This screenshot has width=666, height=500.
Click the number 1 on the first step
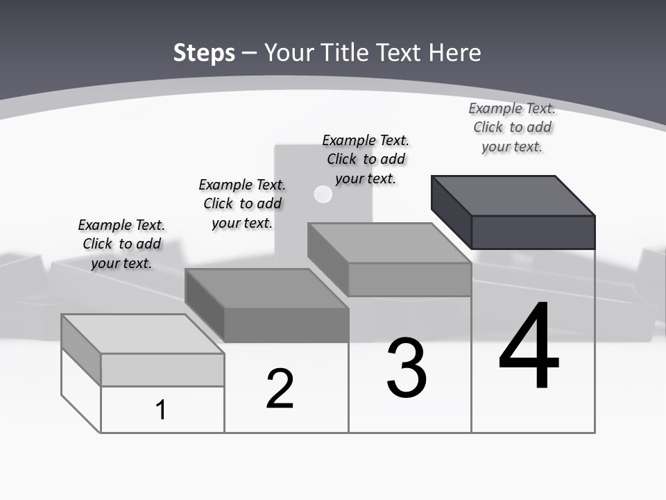point(161,410)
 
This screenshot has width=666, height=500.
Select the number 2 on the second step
point(280,389)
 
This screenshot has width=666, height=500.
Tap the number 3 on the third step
point(407,368)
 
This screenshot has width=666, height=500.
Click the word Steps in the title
point(204,53)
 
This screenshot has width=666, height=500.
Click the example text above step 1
point(121,244)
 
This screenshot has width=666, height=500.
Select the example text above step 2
point(242,203)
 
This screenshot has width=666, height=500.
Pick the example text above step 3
point(366,159)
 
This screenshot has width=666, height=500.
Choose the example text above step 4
point(512,127)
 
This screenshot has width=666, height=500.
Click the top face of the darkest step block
point(513,195)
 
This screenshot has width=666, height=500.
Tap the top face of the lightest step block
point(143,333)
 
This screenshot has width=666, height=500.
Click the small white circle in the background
point(323,194)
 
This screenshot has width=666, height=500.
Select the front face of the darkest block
point(533,232)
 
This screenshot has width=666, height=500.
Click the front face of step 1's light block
point(162,369)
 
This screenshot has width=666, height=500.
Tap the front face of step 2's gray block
point(286,325)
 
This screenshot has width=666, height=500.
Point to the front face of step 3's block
point(409,280)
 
